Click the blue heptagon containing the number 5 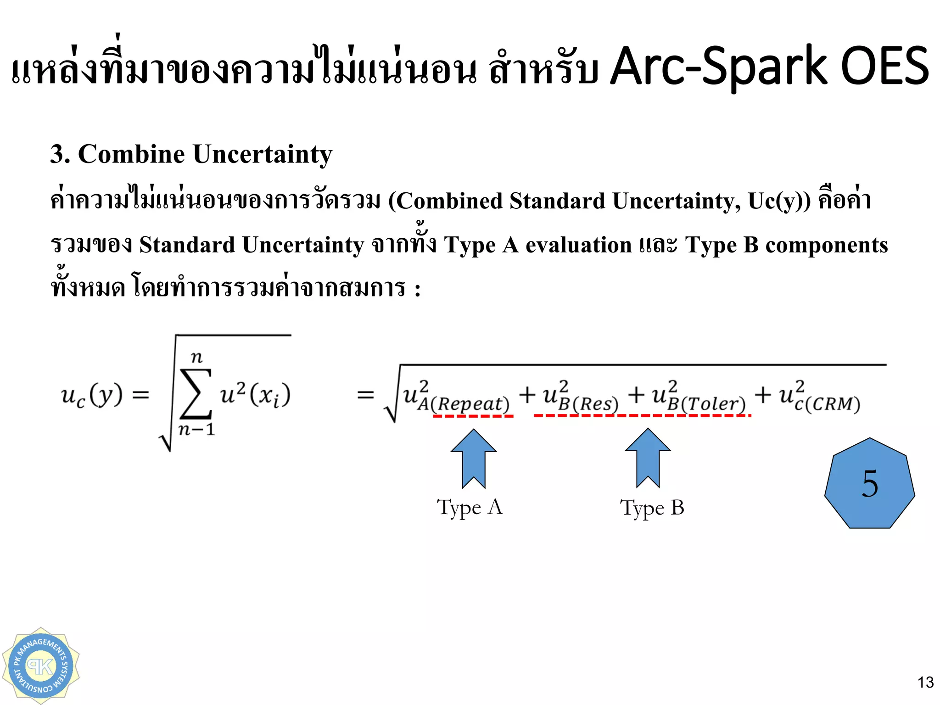pos(869,483)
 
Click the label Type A pos(470,508)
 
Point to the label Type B pos(652,508)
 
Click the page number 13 pos(925,683)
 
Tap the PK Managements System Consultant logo pos(40,666)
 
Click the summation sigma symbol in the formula pos(196,394)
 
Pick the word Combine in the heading pos(132,154)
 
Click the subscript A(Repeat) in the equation pos(464,404)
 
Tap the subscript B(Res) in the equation pos(588,404)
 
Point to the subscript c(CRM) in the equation pos(827,404)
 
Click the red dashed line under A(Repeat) pos(473,416)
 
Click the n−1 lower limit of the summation pos(196,430)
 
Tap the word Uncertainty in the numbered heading pos(263,154)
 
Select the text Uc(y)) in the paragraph pos(779,201)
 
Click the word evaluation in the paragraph pos(578,245)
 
